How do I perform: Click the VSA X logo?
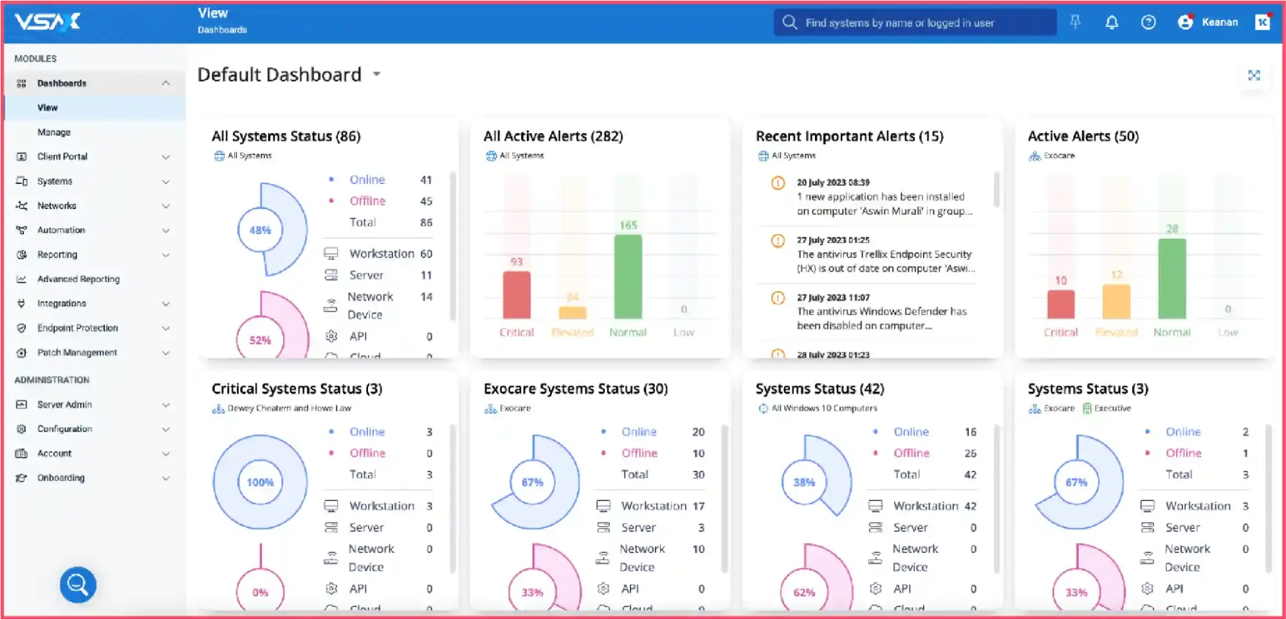click(x=48, y=22)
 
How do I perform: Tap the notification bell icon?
click(x=1111, y=23)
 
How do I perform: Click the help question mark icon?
click(x=1148, y=23)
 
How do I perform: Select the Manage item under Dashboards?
click(x=54, y=132)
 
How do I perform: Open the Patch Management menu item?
click(x=77, y=352)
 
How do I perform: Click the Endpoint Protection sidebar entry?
click(x=77, y=328)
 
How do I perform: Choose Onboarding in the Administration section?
click(x=60, y=478)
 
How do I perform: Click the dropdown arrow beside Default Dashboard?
click(x=377, y=75)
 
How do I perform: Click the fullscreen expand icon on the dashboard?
click(x=1253, y=75)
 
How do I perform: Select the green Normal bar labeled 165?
click(x=628, y=277)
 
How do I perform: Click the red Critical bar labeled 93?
click(x=517, y=295)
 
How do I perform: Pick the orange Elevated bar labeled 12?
click(x=1116, y=301)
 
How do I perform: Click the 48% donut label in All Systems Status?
click(x=260, y=230)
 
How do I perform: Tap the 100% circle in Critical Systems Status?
click(x=260, y=482)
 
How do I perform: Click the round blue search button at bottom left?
click(x=78, y=585)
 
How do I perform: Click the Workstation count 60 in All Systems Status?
click(x=426, y=253)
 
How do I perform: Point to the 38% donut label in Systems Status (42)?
click(x=804, y=482)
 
